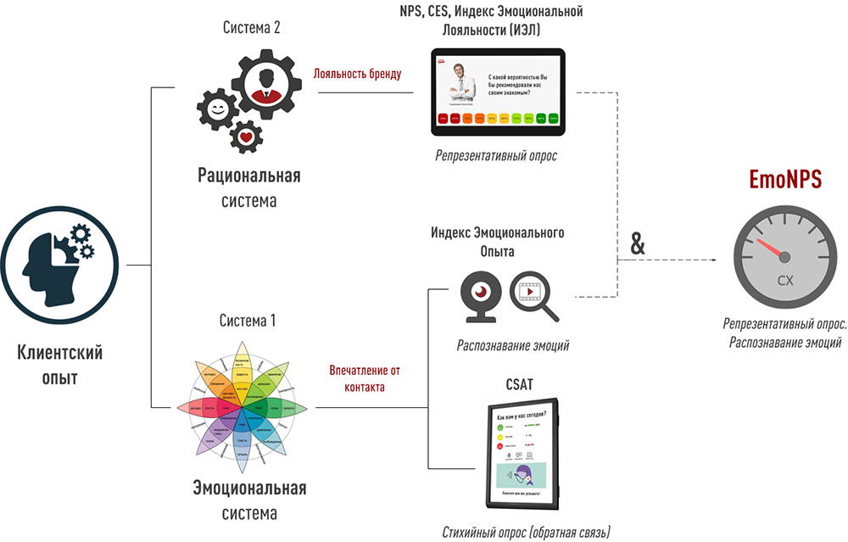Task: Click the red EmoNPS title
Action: pos(785,180)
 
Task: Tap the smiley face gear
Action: pos(217,109)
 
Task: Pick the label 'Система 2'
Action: pos(251,27)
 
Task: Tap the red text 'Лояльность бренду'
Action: pos(357,74)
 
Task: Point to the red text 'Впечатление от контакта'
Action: pos(364,378)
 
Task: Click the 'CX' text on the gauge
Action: pos(785,281)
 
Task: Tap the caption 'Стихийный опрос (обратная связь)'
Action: pos(526,532)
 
